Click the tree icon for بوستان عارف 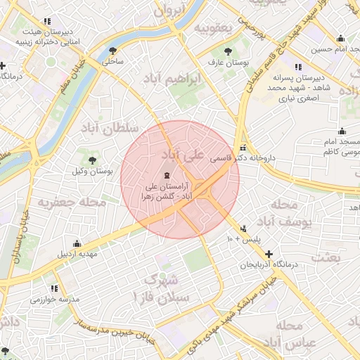pos(226,51)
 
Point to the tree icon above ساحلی pos(113,50)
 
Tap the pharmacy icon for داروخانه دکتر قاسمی pos(243,148)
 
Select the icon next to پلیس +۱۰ pos(243,229)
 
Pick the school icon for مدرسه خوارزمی pos(55,288)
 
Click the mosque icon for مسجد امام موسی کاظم pos(342,131)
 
